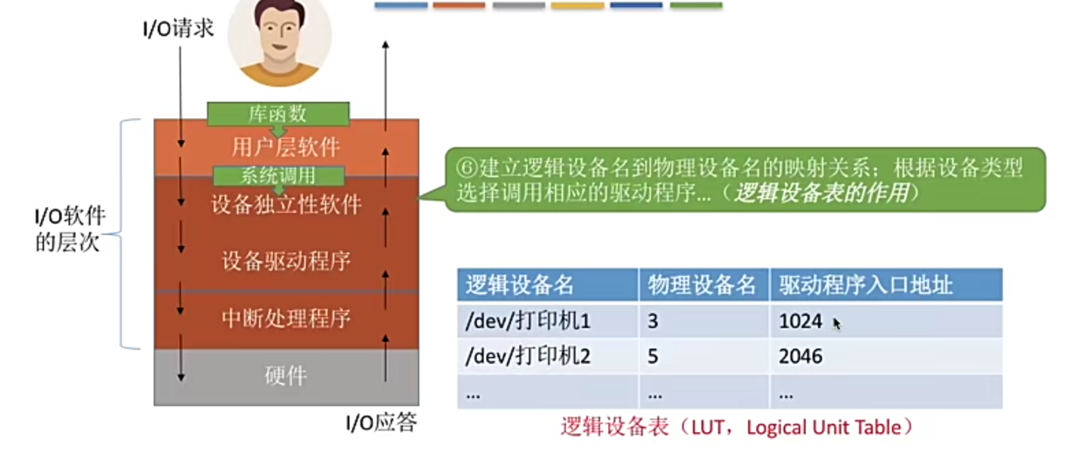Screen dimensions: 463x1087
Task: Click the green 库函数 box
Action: (x=278, y=114)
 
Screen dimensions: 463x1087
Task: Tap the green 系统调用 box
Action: (x=278, y=176)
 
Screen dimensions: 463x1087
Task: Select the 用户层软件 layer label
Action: (x=286, y=147)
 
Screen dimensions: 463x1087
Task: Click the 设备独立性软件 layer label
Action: (x=286, y=205)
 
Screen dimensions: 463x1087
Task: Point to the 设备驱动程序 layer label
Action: (x=286, y=261)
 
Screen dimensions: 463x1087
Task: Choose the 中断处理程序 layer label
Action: (x=286, y=318)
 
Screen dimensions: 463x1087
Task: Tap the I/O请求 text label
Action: (x=178, y=28)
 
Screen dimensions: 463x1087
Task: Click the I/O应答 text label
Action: (x=381, y=422)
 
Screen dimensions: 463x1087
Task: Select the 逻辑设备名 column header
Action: (x=520, y=285)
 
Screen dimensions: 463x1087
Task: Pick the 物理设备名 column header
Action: (x=702, y=285)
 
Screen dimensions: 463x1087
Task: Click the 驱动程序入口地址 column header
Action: (x=865, y=285)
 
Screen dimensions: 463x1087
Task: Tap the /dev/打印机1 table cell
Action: (x=528, y=321)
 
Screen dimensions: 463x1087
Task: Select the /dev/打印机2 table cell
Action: (x=528, y=356)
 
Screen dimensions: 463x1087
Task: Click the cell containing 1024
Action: (x=801, y=321)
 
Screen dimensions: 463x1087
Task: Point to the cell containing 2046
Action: (x=801, y=356)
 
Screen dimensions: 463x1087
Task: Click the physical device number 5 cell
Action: (x=653, y=356)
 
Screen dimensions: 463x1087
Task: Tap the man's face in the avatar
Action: (x=279, y=34)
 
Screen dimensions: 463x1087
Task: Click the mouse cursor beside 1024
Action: (x=837, y=323)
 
